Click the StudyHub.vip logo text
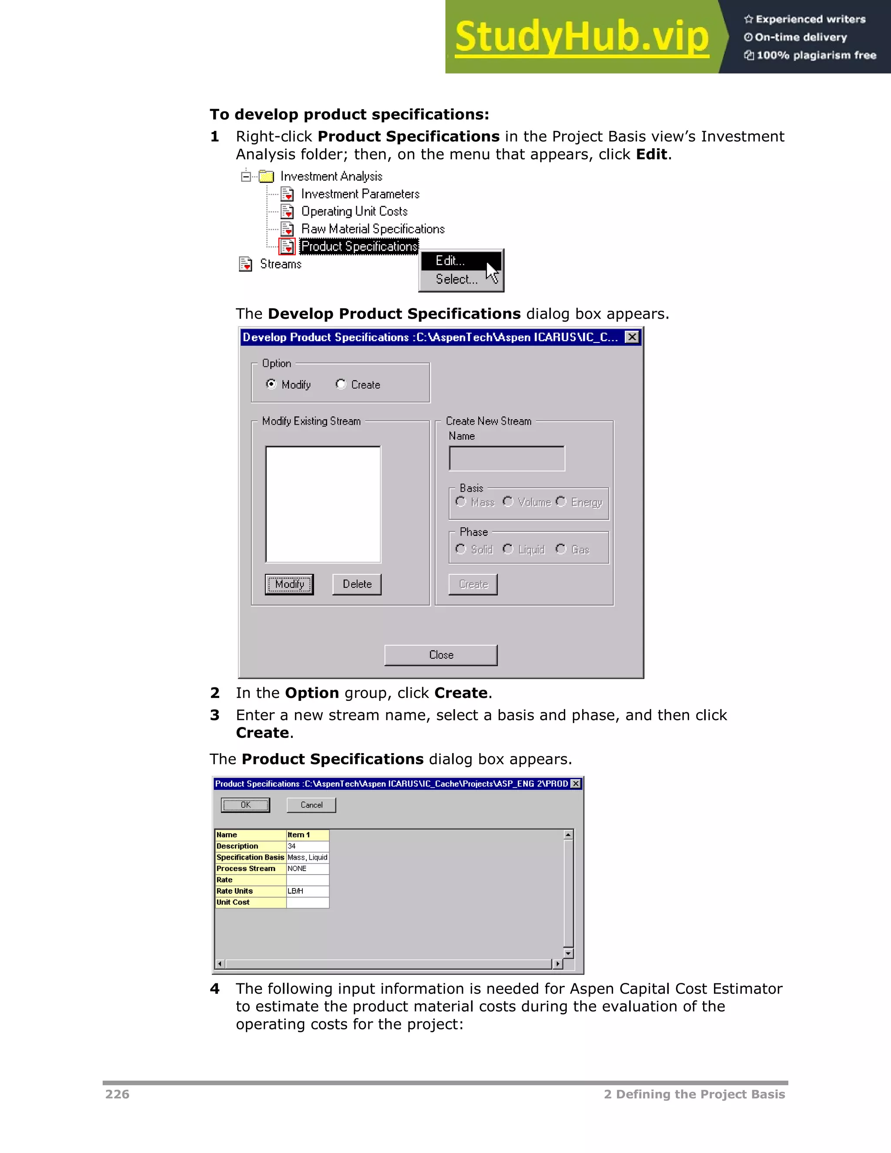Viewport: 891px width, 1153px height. coord(581,37)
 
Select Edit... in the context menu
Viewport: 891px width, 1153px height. coord(450,261)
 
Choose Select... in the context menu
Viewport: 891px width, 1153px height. coord(456,279)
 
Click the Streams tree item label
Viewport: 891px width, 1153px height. coord(280,264)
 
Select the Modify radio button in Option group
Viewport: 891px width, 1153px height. coord(271,384)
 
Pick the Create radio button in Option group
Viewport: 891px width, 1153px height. coord(341,384)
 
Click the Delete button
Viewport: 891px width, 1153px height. coord(357,584)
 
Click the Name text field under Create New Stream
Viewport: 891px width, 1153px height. coord(506,458)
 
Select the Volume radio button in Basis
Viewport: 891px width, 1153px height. coord(508,502)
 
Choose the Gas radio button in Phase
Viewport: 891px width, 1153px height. coord(560,549)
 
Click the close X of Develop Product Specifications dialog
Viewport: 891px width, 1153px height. coord(632,337)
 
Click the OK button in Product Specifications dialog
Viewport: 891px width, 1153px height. coord(245,804)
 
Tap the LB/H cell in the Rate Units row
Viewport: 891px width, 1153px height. coord(307,891)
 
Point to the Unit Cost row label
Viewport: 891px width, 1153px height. coord(250,902)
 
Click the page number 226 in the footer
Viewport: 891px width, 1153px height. coord(117,1094)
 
